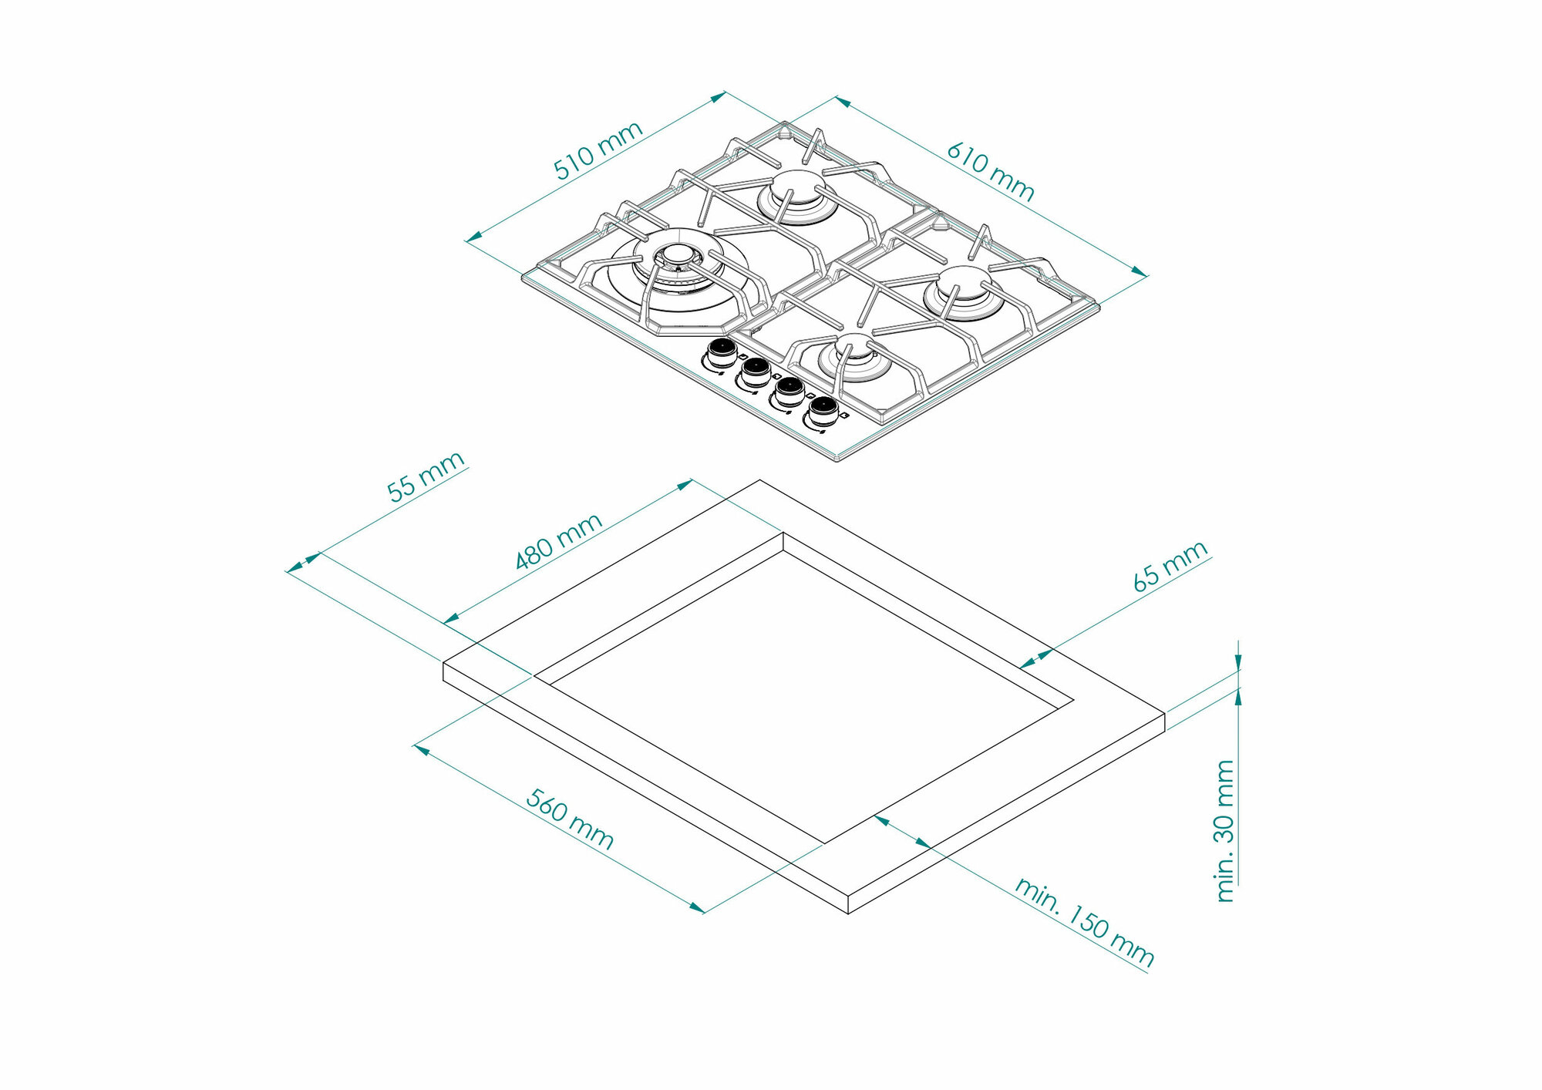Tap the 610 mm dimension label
point(991,171)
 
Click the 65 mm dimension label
point(1170,566)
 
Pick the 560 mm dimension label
point(570,819)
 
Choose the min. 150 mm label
point(1084,922)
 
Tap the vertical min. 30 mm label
point(1224,830)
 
